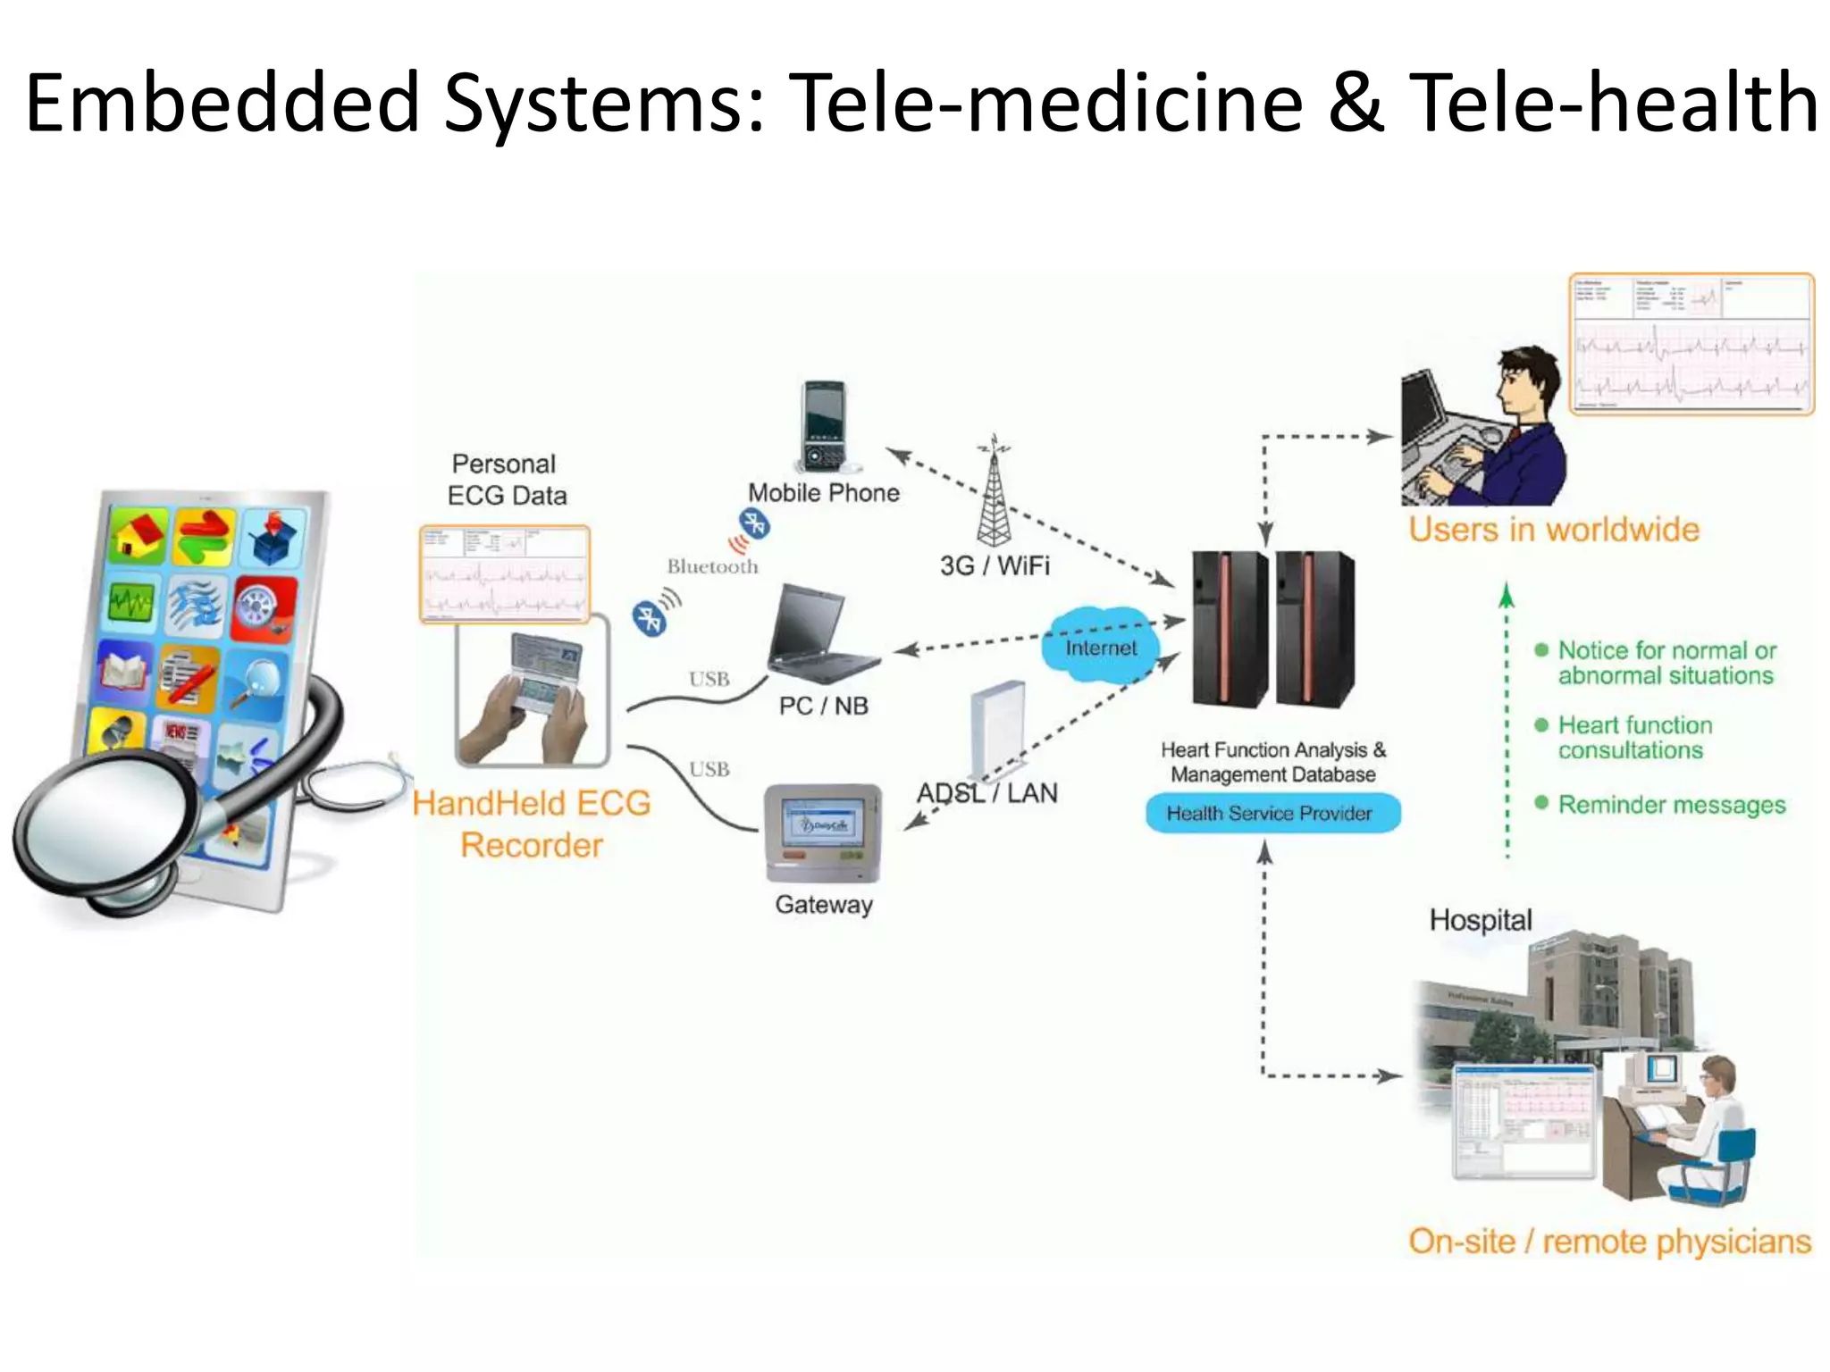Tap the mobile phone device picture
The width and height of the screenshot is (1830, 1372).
pyautogui.click(x=823, y=427)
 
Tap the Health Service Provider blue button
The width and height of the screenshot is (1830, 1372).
pyautogui.click(x=1271, y=814)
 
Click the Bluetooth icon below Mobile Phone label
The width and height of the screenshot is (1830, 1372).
pyautogui.click(x=753, y=524)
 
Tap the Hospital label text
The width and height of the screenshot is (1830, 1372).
pyautogui.click(x=1480, y=920)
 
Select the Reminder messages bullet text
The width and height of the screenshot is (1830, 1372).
pyautogui.click(x=1671, y=805)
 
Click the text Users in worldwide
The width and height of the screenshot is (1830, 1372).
pyautogui.click(x=1553, y=530)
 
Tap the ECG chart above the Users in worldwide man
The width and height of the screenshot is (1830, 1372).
pyautogui.click(x=1691, y=345)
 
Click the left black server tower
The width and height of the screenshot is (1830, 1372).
pyautogui.click(x=1230, y=629)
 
